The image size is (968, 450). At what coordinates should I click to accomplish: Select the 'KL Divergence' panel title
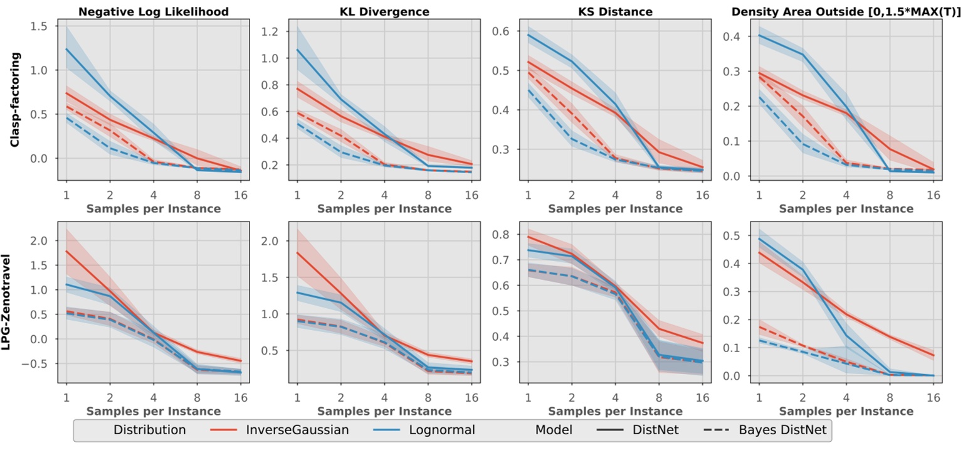[x=384, y=11]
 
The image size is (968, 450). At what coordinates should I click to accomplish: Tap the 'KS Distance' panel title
[x=615, y=11]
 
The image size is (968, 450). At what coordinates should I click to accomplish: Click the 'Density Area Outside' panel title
[x=846, y=11]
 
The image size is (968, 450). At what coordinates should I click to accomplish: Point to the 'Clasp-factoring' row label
[x=14, y=100]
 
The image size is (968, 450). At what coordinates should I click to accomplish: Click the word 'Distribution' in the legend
[x=149, y=431]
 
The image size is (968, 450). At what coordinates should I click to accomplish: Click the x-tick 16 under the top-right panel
[x=933, y=195]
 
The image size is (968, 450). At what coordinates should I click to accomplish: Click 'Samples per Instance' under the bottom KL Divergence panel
[x=384, y=411]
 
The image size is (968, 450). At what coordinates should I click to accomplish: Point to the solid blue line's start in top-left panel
[x=66, y=49]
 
